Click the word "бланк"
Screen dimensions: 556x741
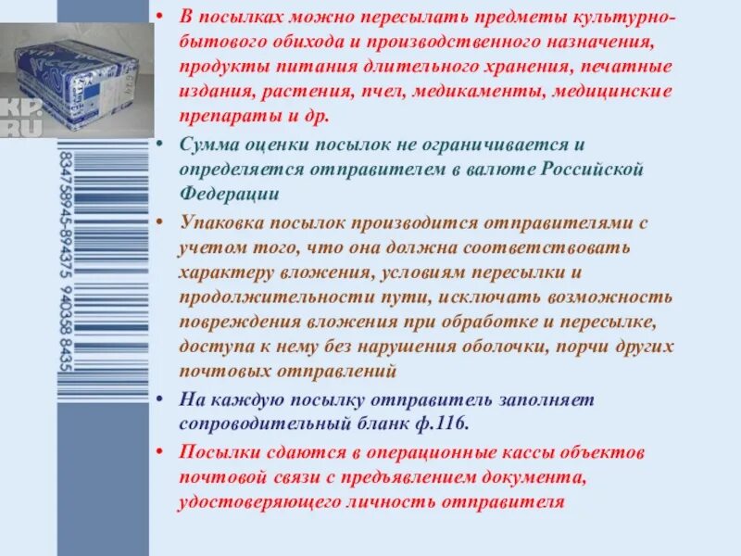tap(380, 423)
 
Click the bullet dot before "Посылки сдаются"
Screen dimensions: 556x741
tap(161, 453)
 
